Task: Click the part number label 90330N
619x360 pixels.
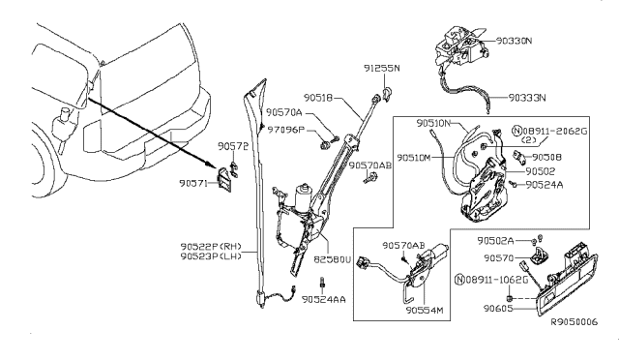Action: coord(515,41)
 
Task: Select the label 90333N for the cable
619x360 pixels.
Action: coord(527,98)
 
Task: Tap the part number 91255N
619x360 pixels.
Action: coord(382,69)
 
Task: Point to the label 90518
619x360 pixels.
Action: coord(318,97)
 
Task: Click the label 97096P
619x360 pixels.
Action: coord(286,130)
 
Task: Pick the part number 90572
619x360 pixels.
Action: coord(233,146)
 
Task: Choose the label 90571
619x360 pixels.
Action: coord(193,183)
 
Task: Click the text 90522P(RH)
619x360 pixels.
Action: coord(211,247)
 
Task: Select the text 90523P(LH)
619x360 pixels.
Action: coord(211,256)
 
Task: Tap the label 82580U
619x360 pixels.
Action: coord(333,260)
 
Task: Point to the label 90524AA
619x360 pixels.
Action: coord(324,300)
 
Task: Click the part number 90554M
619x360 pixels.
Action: coord(425,311)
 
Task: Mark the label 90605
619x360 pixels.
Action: coord(498,309)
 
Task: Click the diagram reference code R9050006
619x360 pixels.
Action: coord(575,322)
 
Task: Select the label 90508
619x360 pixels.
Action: coord(546,158)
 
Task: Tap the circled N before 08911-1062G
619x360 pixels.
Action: coord(460,280)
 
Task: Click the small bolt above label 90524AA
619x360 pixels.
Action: coord(322,284)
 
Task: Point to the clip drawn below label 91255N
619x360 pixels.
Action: coord(388,94)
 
